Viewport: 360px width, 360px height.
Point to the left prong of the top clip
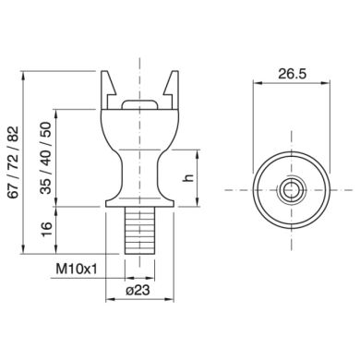(x=105, y=88)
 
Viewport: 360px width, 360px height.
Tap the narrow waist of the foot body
(x=138, y=166)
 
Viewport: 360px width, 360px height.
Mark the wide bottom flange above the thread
(x=138, y=200)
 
